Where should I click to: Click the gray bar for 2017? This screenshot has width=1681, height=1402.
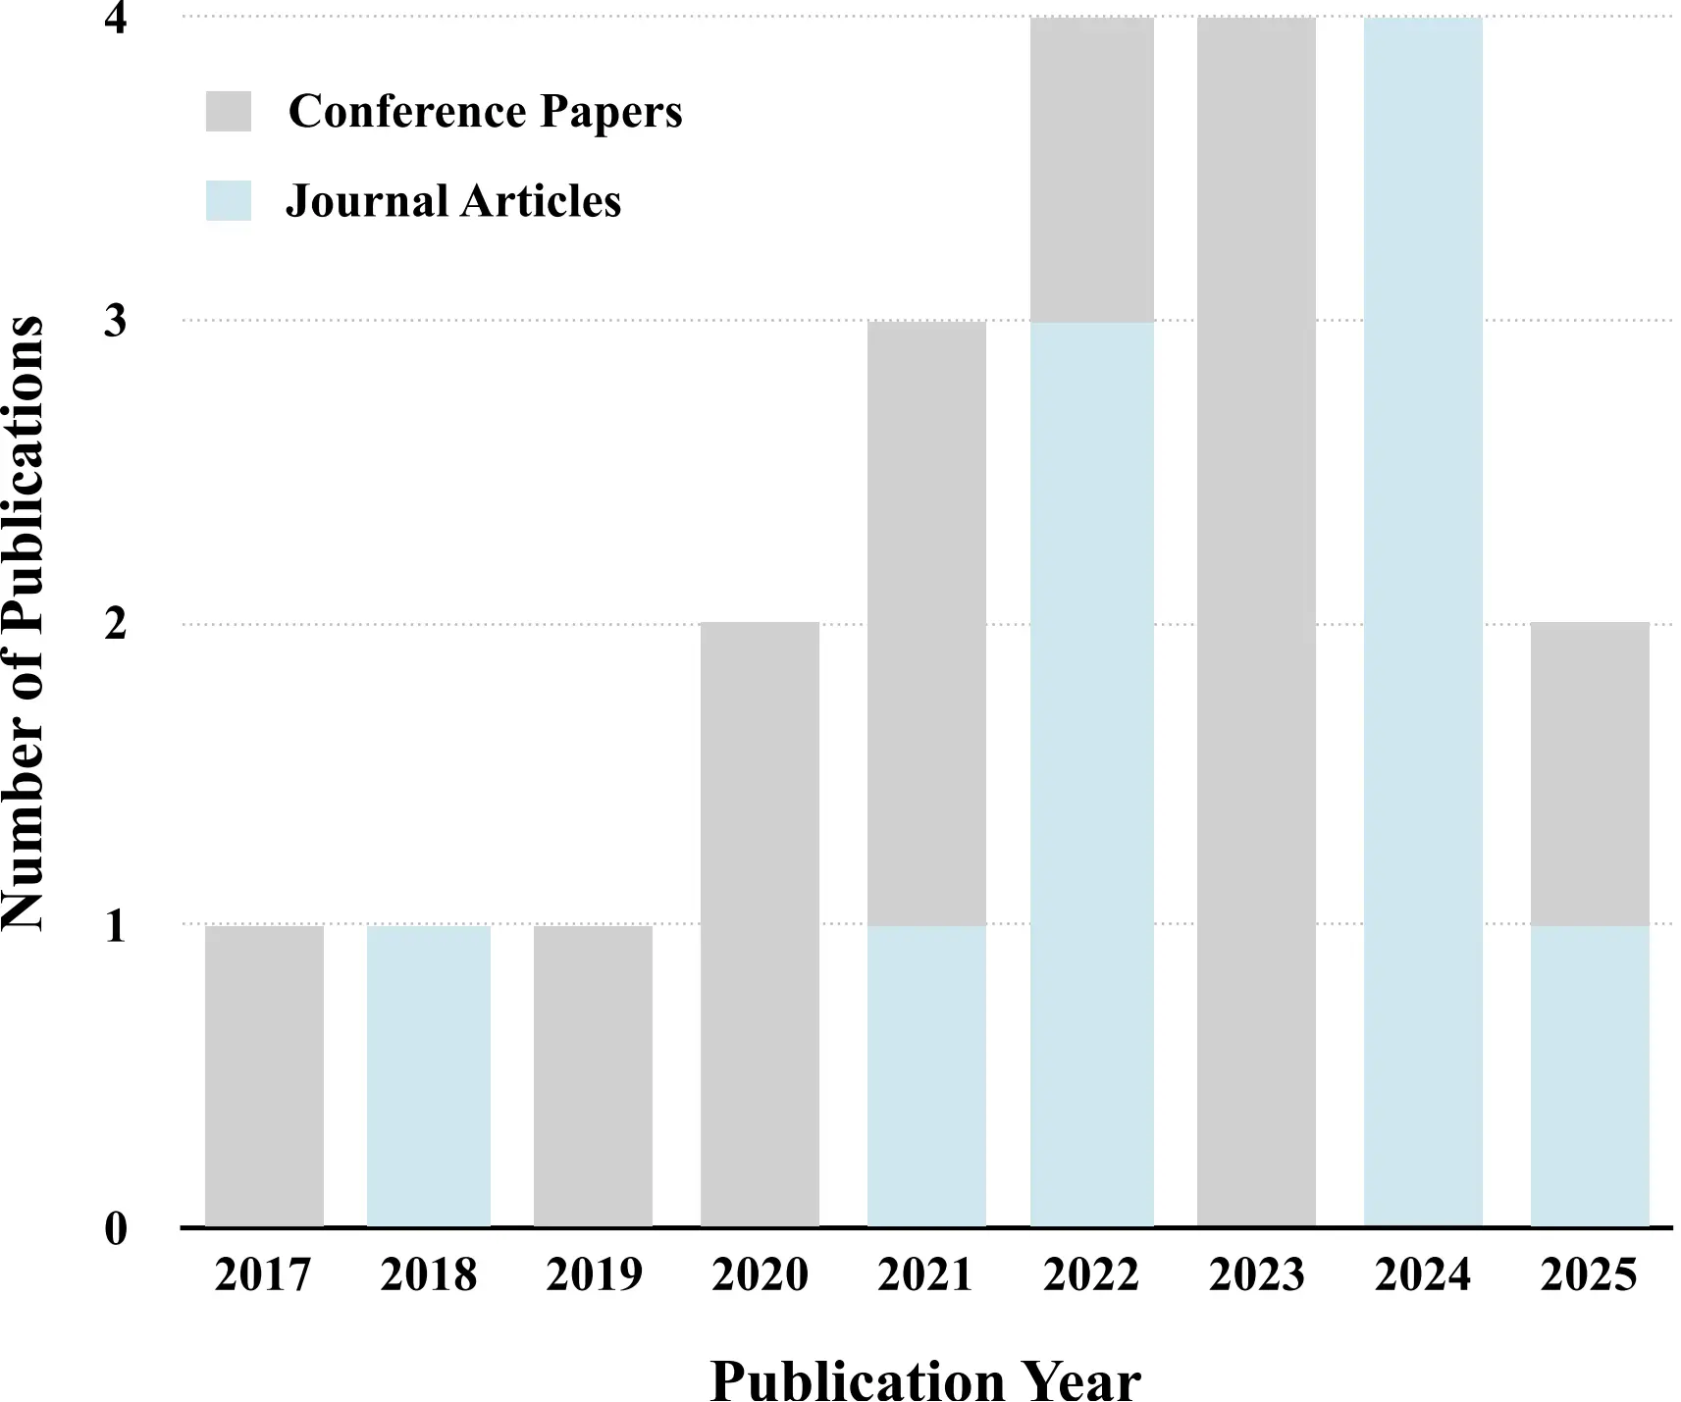[x=264, y=1075]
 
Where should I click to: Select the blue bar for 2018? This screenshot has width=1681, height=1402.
[x=429, y=1075]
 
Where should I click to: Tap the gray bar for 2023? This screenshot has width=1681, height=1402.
[x=1256, y=622]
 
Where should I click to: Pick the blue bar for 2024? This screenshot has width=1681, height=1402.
[x=1423, y=622]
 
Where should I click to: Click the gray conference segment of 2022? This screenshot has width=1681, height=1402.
[x=1091, y=170]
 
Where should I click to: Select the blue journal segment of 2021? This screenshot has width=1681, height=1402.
[x=926, y=1075]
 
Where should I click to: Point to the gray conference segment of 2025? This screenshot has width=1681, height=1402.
[x=1590, y=773]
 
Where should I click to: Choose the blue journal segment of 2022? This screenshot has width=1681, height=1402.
[x=1091, y=773]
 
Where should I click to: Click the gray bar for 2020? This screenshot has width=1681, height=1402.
[x=760, y=924]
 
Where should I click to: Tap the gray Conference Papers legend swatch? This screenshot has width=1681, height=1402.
[x=229, y=111]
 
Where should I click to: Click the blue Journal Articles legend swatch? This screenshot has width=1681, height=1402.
[x=229, y=200]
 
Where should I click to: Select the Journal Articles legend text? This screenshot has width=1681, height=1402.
[x=453, y=201]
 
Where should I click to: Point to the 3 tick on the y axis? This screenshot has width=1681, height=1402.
[x=116, y=321]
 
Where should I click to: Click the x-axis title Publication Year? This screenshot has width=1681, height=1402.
[x=925, y=1381]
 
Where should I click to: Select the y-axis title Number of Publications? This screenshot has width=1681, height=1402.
[x=24, y=622]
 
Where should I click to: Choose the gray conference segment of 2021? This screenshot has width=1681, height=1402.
[x=926, y=622]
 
